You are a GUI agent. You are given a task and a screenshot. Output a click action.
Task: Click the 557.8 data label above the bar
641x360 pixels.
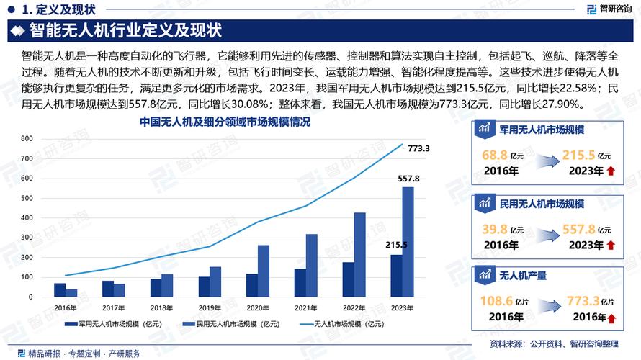pyautogui.click(x=408, y=178)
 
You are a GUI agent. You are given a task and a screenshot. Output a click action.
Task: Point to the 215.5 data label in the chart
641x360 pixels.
pyautogui.click(x=395, y=245)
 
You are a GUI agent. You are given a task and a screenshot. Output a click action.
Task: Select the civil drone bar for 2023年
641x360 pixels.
pyautogui.click(x=408, y=241)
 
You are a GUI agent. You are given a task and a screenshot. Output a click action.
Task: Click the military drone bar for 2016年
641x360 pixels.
pyautogui.click(x=60, y=289)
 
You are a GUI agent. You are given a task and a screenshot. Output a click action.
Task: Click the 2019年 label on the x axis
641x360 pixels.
pyautogui.click(x=210, y=307)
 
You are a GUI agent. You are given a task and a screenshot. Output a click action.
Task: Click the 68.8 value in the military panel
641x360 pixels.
pyautogui.click(x=493, y=156)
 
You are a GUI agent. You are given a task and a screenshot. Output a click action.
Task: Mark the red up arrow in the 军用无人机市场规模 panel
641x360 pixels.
pyautogui.click(x=611, y=171)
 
